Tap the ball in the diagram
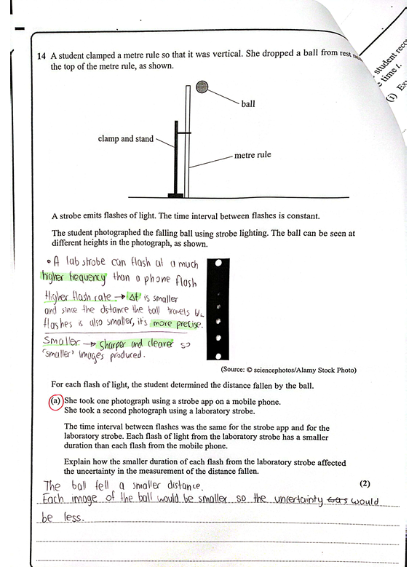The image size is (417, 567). [202, 87]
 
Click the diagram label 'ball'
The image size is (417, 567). [248, 104]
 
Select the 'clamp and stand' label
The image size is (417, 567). [126, 138]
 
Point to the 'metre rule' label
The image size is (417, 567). [253, 156]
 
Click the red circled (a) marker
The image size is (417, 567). [55, 400]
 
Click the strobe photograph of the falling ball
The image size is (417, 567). [219, 309]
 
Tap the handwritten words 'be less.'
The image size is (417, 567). [64, 519]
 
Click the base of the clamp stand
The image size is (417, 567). [175, 194]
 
